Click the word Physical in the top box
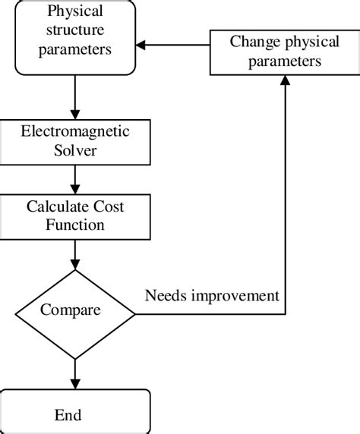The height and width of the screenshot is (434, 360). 76,12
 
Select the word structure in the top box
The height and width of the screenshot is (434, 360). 75,31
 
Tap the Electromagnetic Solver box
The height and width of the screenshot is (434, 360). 74,141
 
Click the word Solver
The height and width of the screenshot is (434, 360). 74,150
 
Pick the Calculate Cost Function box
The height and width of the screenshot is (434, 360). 74,215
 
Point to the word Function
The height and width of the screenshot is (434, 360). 74,225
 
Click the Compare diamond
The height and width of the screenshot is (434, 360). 74,310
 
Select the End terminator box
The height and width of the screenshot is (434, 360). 74,414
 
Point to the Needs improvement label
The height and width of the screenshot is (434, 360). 212,294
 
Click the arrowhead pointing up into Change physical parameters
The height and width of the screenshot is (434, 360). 286,82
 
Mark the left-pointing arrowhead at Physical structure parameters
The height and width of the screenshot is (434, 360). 143,46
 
